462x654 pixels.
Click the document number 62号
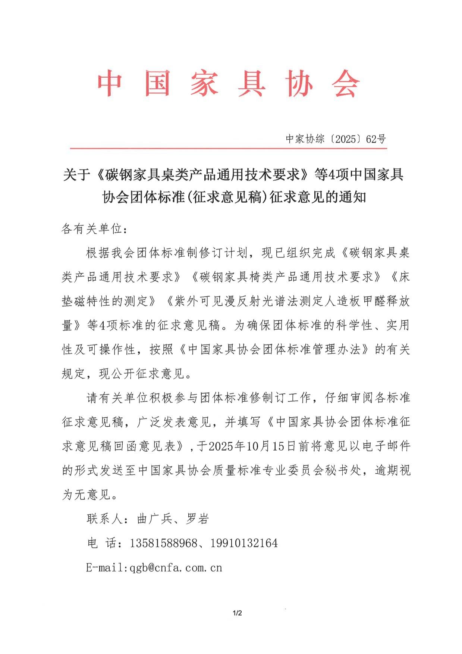tap(376, 139)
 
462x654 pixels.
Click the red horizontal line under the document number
tap(228, 149)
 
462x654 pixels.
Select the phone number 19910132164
tap(244, 543)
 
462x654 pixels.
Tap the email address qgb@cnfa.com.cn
tap(176, 568)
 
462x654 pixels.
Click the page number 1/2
tap(237, 613)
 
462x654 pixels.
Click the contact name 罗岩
tap(197, 518)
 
